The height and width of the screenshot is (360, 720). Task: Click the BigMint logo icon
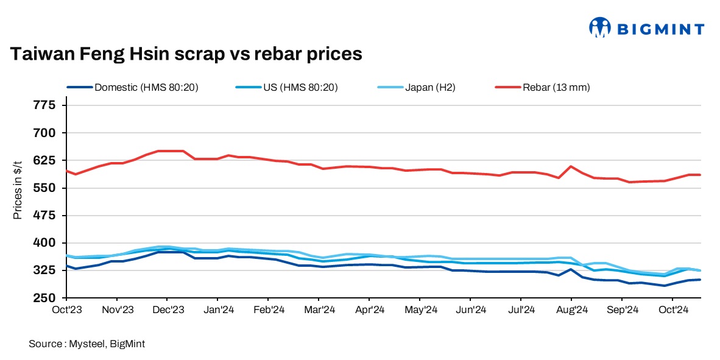(599, 27)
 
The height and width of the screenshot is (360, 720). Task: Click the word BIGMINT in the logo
(661, 29)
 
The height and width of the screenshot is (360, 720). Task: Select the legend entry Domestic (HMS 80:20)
(146, 87)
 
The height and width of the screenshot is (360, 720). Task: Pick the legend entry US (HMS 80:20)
(300, 87)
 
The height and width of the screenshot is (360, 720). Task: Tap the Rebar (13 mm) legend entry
(556, 87)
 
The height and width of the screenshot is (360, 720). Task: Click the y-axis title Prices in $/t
(18, 188)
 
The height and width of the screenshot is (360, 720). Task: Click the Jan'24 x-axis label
(217, 309)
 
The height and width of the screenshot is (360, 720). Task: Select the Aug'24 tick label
(571, 309)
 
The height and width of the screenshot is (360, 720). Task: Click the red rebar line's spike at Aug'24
(571, 166)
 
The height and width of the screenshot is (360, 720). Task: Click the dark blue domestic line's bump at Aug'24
(571, 269)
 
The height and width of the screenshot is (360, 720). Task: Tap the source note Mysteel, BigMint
(86, 344)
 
